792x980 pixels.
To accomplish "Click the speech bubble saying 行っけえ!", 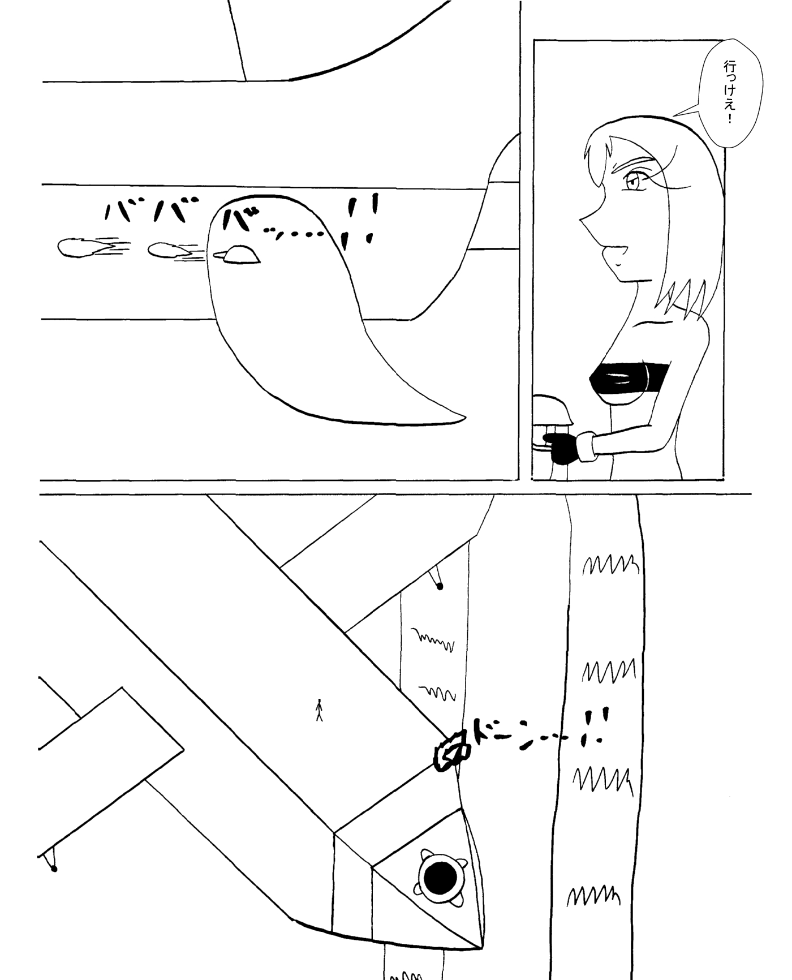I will click(x=731, y=93).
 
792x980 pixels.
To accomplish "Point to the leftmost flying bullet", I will click(x=82, y=247).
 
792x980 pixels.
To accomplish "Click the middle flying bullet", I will click(x=170, y=250).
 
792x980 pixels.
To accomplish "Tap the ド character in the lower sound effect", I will click(x=486, y=732).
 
